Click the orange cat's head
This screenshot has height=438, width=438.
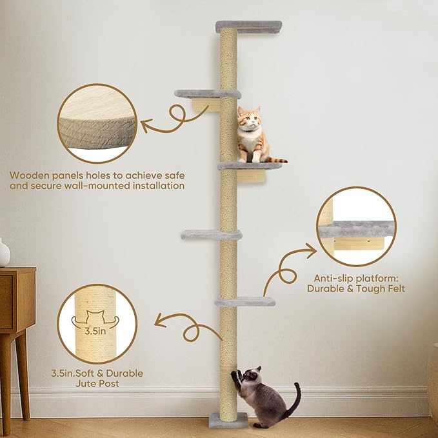click(249, 118)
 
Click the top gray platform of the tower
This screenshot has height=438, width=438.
click(248, 26)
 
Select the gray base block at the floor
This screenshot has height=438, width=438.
click(228, 420)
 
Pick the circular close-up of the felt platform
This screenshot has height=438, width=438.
click(356, 226)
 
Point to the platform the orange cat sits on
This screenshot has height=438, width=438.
click(250, 166)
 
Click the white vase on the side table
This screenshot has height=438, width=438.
click(4, 253)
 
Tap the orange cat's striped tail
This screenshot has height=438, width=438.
click(276, 159)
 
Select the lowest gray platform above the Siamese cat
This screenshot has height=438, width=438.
click(244, 301)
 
